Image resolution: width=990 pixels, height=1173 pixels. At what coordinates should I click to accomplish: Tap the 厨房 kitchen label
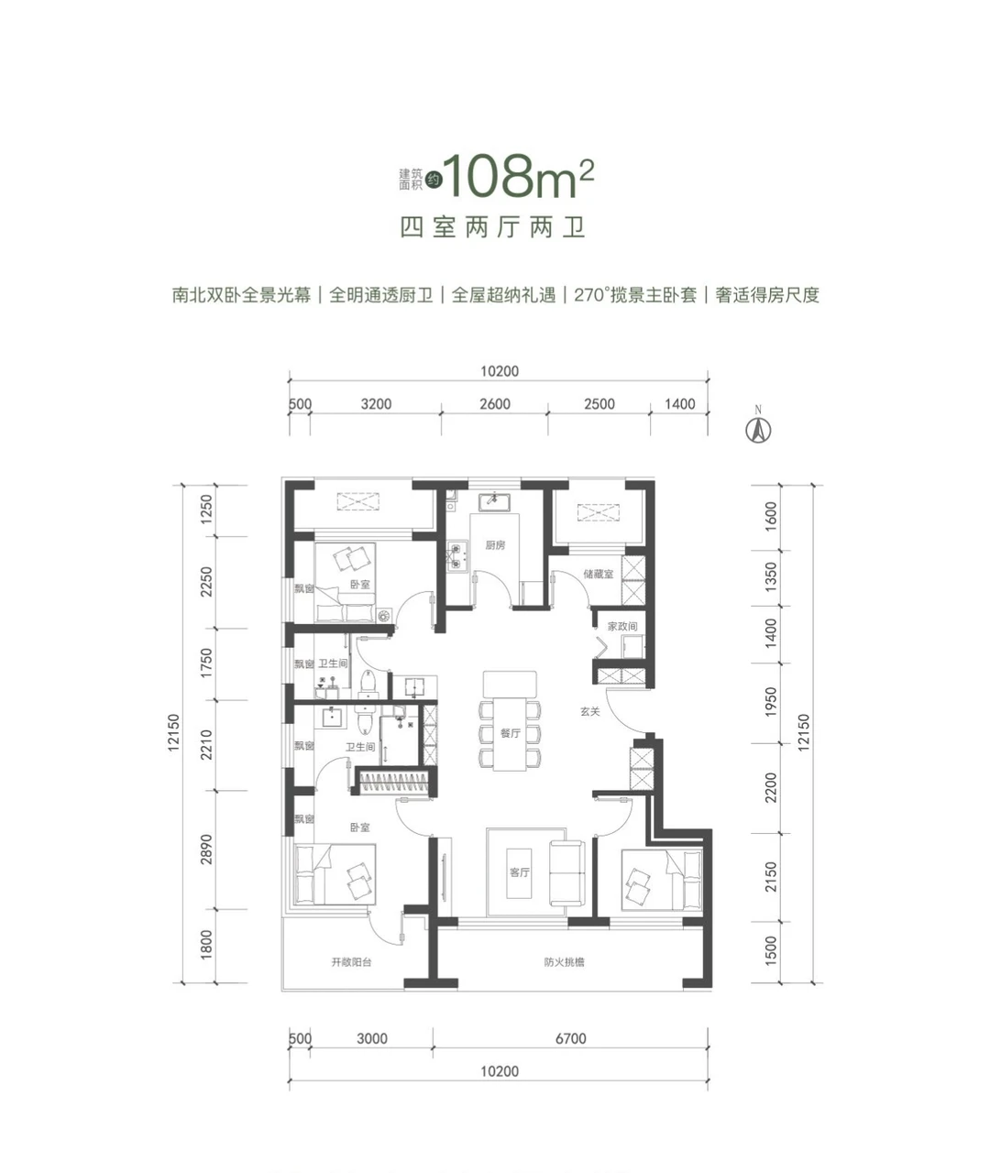coord(495,545)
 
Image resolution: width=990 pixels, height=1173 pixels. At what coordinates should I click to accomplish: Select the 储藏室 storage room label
coord(598,575)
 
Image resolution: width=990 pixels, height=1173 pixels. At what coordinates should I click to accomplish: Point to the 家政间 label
coord(622,626)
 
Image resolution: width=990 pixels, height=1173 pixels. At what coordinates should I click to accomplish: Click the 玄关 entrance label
coord(590,711)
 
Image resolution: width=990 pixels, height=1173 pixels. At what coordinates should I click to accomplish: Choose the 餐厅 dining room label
coord(511,732)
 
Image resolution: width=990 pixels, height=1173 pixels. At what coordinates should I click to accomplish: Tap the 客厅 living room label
coord(520,872)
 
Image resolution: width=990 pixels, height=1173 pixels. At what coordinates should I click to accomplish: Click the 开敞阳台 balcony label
coord(351,962)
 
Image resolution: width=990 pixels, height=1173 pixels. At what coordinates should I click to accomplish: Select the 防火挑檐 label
coord(564,962)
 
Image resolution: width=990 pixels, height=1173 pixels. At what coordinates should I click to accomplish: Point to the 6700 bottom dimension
coord(570,1038)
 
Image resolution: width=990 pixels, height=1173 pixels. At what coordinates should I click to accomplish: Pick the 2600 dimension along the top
coord(495,404)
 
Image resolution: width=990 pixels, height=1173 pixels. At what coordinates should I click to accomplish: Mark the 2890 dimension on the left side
coord(207,849)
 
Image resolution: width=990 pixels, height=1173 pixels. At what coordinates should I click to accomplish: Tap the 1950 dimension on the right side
coord(771,702)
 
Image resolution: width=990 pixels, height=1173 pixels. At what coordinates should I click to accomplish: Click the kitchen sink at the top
coord(494,501)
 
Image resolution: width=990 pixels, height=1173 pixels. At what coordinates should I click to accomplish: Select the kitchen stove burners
coord(457,555)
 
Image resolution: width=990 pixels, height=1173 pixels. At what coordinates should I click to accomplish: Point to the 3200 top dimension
coord(376,404)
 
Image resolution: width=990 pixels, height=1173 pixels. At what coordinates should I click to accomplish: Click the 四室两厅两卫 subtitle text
coord(493,227)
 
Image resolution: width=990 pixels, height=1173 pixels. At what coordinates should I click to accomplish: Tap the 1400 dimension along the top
coord(680,404)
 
